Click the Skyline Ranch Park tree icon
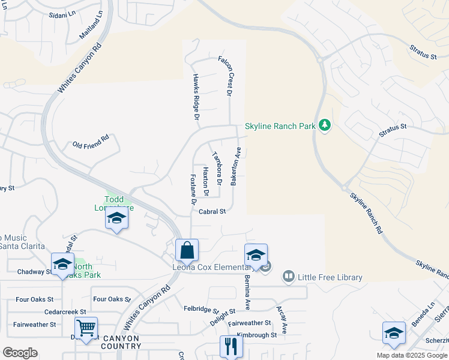(325, 125)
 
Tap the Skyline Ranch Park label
(280, 127)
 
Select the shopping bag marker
(187, 250)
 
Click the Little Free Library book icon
(289, 277)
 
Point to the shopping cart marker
(86, 329)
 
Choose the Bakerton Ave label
(237, 166)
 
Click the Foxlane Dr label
(193, 190)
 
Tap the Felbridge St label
(201, 310)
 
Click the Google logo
(20, 353)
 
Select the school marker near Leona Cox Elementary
(256, 255)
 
